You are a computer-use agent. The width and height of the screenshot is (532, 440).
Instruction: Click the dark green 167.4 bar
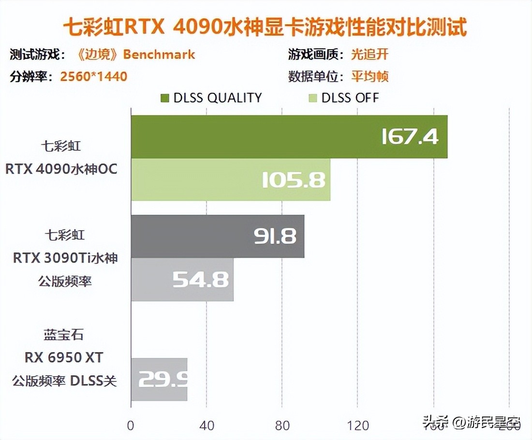point(289,137)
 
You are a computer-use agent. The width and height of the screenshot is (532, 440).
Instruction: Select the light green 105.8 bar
point(230,179)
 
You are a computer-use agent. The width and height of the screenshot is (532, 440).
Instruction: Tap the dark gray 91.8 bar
point(218,236)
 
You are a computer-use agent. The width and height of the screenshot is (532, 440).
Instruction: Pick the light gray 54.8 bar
point(182,279)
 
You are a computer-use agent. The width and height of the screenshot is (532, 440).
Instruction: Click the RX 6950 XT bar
point(159,380)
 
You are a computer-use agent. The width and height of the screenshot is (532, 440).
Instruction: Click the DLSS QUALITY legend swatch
point(165,98)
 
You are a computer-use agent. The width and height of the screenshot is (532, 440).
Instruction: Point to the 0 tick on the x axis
point(131,425)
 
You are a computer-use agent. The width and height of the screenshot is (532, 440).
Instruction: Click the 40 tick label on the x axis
point(207,425)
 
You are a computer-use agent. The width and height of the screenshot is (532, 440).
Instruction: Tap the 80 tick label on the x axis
point(282,425)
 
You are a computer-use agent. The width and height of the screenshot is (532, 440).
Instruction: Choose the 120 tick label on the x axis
point(358,425)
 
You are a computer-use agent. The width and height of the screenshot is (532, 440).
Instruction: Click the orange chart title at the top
point(266,27)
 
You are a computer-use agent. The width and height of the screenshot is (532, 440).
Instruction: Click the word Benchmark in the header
point(159,54)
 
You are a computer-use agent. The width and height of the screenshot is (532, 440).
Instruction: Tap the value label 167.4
point(410,137)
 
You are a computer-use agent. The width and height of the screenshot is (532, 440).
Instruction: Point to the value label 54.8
point(201,280)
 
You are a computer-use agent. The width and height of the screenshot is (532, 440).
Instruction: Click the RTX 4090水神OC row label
point(61,170)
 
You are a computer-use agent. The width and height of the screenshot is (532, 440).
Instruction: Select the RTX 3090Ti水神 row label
point(65,258)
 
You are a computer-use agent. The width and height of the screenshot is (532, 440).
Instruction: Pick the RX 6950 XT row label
point(64,357)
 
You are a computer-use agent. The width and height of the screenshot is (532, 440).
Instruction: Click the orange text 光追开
point(369,54)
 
